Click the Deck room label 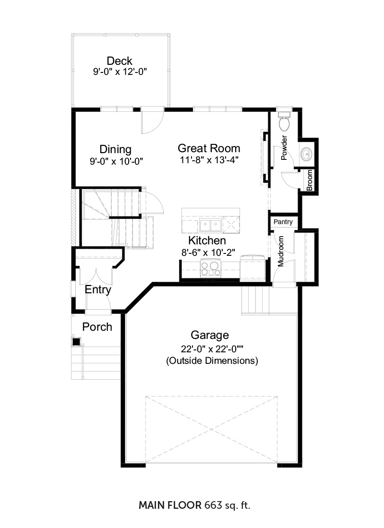119,61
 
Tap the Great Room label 209,148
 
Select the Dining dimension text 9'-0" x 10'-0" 116,162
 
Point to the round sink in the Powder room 306,154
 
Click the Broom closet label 310,180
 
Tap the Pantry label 283,222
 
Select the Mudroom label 281,251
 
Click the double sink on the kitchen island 210,225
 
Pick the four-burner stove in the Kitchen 211,268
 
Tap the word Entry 98,290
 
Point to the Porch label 97,327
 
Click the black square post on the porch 76,341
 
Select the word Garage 209,336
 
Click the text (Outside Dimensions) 212,360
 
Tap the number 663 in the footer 213,505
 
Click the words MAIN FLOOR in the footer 170,505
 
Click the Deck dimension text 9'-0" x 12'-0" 120,72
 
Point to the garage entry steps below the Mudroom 256,300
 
